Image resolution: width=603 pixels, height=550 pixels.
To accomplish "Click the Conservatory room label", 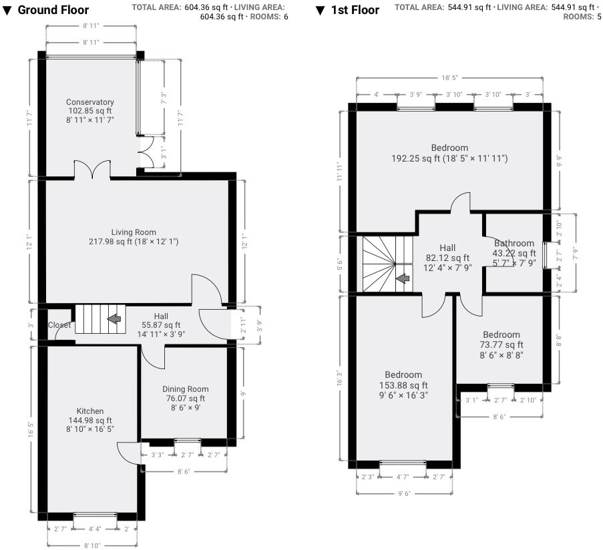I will pyautogui.click(x=90, y=102).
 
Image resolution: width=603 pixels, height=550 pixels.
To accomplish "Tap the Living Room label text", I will pyautogui.click(x=134, y=232).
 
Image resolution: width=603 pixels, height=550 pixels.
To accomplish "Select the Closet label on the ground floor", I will pyautogui.click(x=59, y=325).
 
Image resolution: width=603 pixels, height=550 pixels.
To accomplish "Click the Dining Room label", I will pyautogui.click(x=186, y=389).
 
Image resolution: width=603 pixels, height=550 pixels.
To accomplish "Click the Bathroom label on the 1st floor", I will pyautogui.click(x=514, y=244).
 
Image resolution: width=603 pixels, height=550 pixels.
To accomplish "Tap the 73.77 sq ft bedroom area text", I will pyautogui.click(x=501, y=344).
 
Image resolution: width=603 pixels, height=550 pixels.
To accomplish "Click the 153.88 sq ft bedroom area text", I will pyautogui.click(x=403, y=385).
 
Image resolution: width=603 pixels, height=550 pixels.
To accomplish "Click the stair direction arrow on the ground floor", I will pyautogui.click(x=114, y=319).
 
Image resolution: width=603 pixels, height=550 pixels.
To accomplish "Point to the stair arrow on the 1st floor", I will pyautogui.click(x=403, y=278).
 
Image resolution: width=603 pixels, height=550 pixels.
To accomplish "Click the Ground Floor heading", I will pyautogui.click(x=51, y=11).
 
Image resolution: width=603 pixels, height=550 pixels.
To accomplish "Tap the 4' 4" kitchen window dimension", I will pyautogui.click(x=95, y=529).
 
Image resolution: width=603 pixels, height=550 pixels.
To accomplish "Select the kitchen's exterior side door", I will pyautogui.click(x=129, y=454).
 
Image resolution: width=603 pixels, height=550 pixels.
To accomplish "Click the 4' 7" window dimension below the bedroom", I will pyautogui.click(x=403, y=477).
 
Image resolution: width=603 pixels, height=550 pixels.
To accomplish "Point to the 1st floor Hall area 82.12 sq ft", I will pyautogui.click(x=447, y=258).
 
